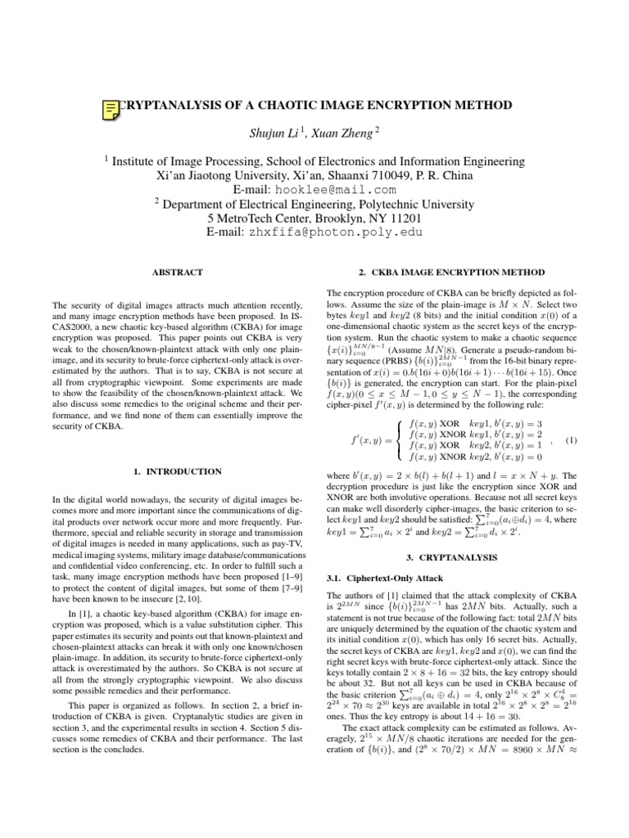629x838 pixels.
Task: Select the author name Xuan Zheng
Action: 342,132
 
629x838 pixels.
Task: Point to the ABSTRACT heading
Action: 179,271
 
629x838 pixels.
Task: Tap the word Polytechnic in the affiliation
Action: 389,205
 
